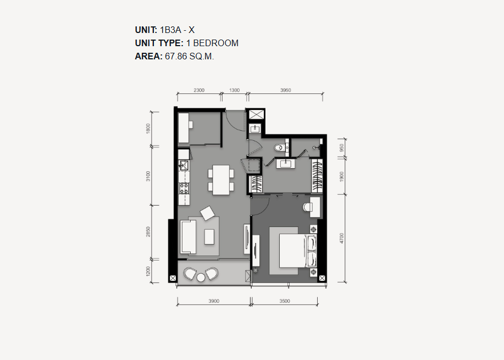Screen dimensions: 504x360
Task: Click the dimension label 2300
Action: [199, 90]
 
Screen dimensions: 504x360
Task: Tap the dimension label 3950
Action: [285, 90]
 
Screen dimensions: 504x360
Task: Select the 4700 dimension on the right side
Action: [342, 238]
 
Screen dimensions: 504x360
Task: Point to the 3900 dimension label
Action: [214, 301]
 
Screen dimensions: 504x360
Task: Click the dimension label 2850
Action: [148, 232]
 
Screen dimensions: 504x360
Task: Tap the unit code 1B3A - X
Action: [177, 30]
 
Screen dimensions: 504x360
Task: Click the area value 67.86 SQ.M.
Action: [189, 56]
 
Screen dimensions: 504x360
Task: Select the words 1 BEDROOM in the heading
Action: [213, 43]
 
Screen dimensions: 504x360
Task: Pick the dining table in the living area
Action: [221, 180]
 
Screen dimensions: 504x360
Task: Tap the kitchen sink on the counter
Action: [184, 165]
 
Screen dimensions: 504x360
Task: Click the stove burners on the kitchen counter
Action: [184, 189]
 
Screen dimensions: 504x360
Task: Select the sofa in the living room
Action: [188, 237]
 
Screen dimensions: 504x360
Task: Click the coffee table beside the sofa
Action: [209, 237]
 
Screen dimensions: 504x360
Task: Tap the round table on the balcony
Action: [201, 278]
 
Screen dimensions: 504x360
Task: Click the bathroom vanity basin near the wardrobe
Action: [285, 164]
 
